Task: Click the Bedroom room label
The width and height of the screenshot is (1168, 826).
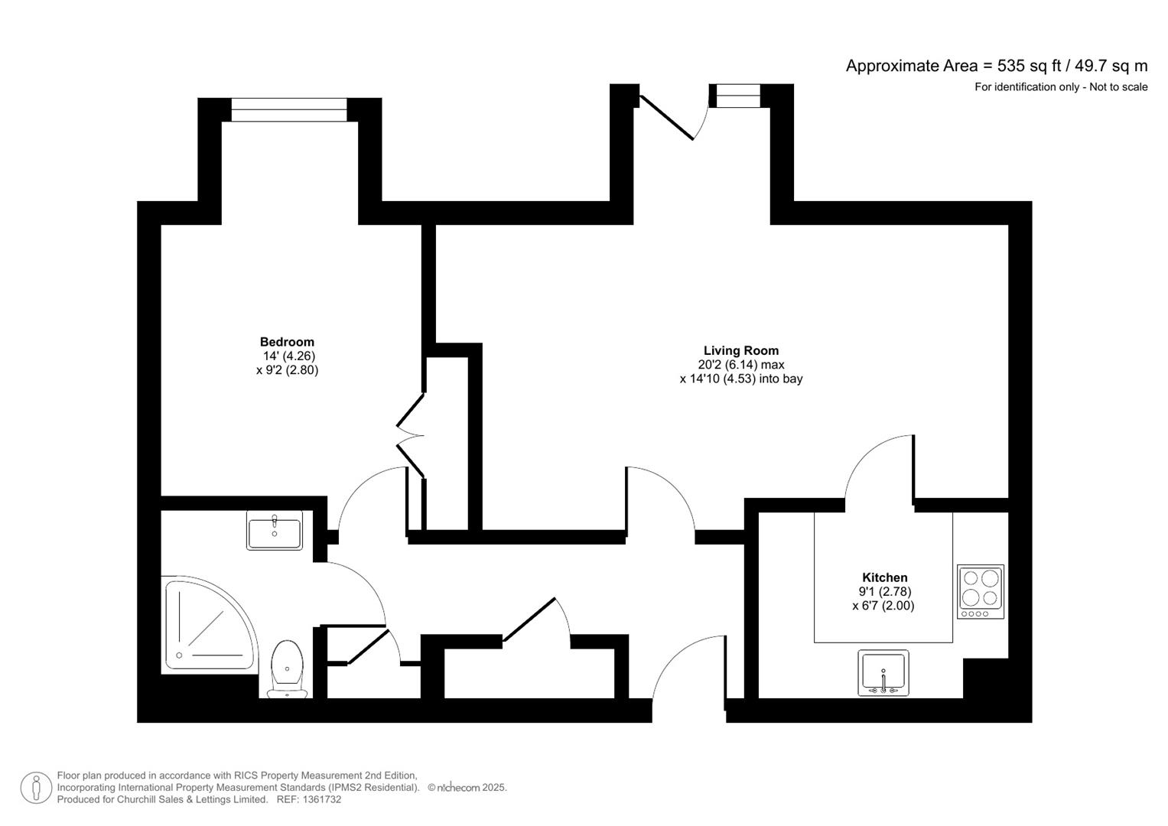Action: (287, 342)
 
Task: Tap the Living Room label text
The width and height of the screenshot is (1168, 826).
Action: (740, 351)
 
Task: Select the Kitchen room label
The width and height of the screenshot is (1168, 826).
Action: (884, 577)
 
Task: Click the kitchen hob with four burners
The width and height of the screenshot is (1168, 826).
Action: (980, 591)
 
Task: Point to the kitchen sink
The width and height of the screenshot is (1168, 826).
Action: (883, 673)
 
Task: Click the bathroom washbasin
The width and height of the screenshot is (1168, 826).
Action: (275, 530)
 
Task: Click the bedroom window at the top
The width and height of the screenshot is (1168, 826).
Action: (289, 110)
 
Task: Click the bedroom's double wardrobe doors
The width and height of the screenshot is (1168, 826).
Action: (410, 436)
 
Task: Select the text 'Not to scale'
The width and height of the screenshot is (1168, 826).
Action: (1118, 87)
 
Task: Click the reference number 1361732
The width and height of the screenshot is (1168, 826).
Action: (323, 799)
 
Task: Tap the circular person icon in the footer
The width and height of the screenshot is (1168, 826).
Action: (36, 788)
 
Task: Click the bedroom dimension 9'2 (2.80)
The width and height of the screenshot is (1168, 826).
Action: (287, 370)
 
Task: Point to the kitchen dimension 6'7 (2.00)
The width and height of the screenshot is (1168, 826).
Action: (883, 606)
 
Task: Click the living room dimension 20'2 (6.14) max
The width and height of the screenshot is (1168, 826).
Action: (740, 365)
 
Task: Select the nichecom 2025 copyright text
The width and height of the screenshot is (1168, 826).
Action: (467, 788)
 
